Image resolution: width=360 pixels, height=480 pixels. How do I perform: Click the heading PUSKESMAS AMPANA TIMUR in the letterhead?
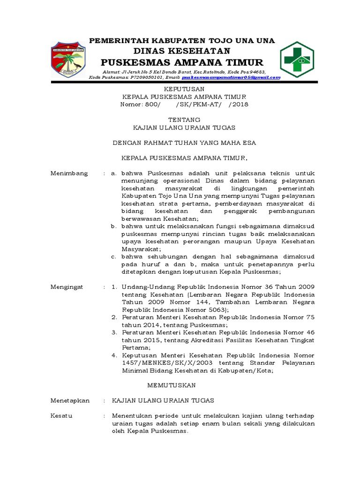[x=182, y=62]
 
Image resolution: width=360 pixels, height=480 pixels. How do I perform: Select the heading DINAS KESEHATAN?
[x=182, y=51]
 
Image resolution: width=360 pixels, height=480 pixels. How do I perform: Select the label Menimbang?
[x=69, y=173]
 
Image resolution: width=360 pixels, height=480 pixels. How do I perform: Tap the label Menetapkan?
[x=70, y=400]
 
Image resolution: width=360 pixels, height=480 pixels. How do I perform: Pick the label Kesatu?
[x=61, y=416]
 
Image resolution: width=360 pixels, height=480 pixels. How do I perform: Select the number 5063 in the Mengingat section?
[x=217, y=310]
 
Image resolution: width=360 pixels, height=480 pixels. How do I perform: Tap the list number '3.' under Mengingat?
[x=114, y=332]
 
